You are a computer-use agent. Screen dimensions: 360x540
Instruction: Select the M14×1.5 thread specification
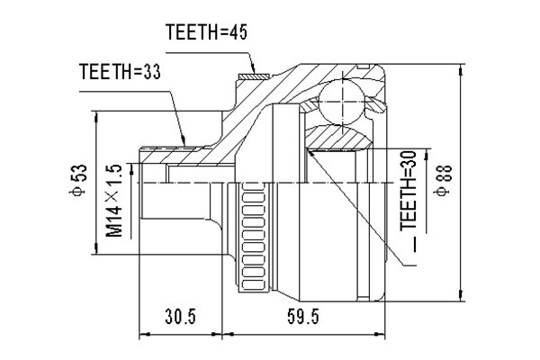click(x=114, y=201)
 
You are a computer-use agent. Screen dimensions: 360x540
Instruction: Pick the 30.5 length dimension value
click(x=180, y=317)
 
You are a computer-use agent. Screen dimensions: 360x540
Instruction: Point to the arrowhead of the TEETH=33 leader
click(x=184, y=144)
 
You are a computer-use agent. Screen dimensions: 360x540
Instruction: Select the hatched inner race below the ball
click(x=339, y=137)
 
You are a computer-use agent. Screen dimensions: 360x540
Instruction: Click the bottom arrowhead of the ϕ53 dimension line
click(x=95, y=250)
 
